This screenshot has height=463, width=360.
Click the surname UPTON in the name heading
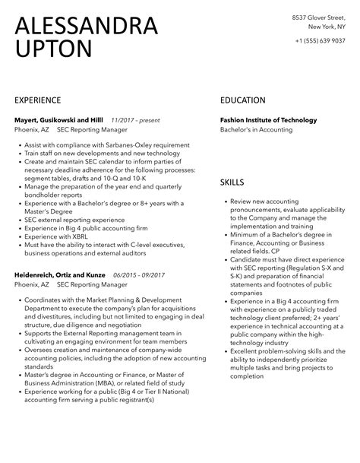(53, 49)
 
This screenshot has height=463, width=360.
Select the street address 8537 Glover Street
(320, 17)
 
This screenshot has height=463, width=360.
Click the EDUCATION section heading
(242, 100)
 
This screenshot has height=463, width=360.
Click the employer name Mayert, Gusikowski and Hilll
(58, 120)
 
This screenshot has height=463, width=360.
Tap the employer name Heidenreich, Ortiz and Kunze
(60, 274)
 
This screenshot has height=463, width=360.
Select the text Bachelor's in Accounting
(254, 131)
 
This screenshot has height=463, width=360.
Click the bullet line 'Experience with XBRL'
(55, 237)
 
